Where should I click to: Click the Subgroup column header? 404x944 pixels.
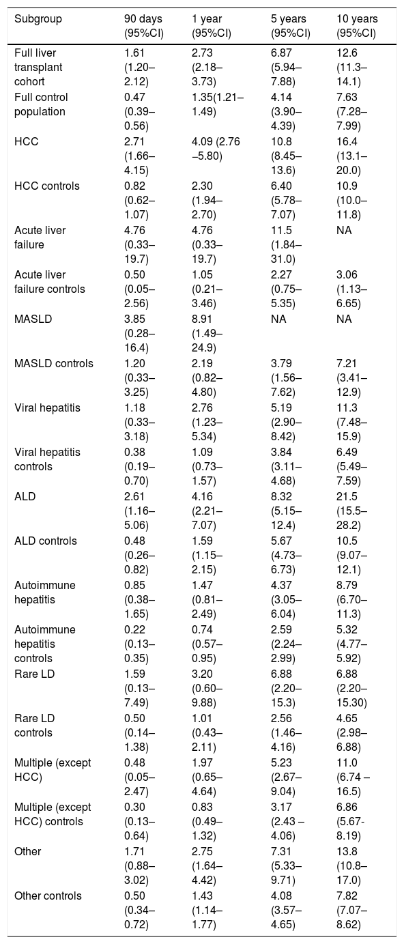click(38, 19)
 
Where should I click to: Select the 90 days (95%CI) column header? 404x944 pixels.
click(144, 26)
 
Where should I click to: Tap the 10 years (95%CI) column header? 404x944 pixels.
click(357, 26)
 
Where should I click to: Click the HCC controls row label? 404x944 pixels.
click(47, 186)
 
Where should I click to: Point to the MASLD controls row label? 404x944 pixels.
click(53, 363)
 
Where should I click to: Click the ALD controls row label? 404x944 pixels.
click(46, 541)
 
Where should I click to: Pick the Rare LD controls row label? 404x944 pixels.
click(35, 726)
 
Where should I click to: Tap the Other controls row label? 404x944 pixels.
click(48, 896)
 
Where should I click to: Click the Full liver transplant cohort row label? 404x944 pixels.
click(38, 67)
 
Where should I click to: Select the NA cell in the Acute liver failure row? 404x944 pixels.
click(344, 230)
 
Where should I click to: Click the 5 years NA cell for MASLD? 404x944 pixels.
click(278, 319)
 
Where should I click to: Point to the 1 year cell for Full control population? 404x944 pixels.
click(218, 104)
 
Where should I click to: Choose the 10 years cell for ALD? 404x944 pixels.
click(351, 511)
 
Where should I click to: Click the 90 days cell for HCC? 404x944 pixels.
click(139, 156)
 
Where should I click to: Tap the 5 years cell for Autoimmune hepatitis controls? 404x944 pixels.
click(286, 644)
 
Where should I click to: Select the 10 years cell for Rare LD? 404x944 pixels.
click(353, 688)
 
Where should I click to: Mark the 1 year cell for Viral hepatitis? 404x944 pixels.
click(207, 423)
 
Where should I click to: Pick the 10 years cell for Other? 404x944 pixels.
click(351, 866)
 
